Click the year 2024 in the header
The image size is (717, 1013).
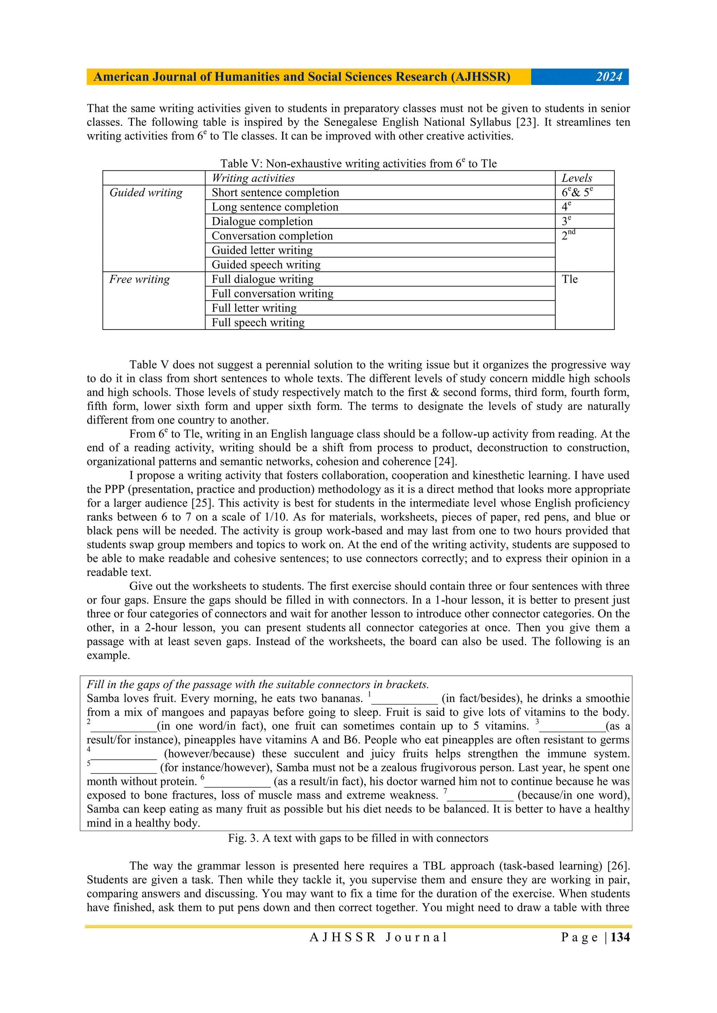coord(609,77)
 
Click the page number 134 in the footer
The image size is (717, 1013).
coord(620,937)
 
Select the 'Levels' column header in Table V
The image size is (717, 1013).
coord(577,178)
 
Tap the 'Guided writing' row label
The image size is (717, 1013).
coord(146,192)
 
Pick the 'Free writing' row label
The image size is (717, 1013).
coord(140,279)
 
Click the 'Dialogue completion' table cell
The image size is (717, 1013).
coord(262,221)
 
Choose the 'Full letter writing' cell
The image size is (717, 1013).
coord(254,308)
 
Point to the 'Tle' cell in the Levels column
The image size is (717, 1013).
coord(570,279)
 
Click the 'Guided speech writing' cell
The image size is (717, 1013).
coord(266,265)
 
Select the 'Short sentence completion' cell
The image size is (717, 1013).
coord(275,193)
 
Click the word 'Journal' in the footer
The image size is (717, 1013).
coord(416,937)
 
